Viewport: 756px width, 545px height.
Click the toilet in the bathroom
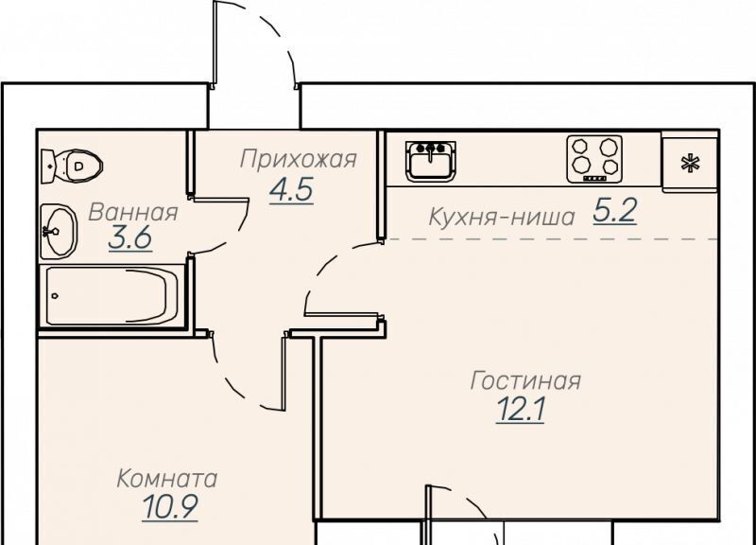coord(72,167)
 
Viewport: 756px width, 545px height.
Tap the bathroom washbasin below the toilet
coord(59,232)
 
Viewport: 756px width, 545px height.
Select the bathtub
coord(112,295)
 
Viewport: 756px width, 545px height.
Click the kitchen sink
coord(431,161)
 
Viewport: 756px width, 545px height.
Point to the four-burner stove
coord(594,159)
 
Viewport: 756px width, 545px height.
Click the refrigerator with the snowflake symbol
coord(691,164)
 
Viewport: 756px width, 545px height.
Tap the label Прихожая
coord(299,160)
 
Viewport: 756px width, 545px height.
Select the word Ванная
coord(133,212)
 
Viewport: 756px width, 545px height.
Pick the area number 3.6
coord(130,237)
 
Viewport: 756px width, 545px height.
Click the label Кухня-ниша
coord(502,218)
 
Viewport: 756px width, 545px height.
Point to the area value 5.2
coord(615,211)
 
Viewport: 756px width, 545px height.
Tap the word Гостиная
coord(525,381)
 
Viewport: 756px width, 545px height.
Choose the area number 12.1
coord(521,410)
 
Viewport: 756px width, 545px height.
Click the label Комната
coord(167,479)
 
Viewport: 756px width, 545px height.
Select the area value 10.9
coord(170,507)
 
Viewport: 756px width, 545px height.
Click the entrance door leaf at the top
coord(216,44)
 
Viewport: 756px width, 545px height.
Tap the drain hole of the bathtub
coord(55,295)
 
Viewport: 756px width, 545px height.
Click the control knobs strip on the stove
coord(594,179)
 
